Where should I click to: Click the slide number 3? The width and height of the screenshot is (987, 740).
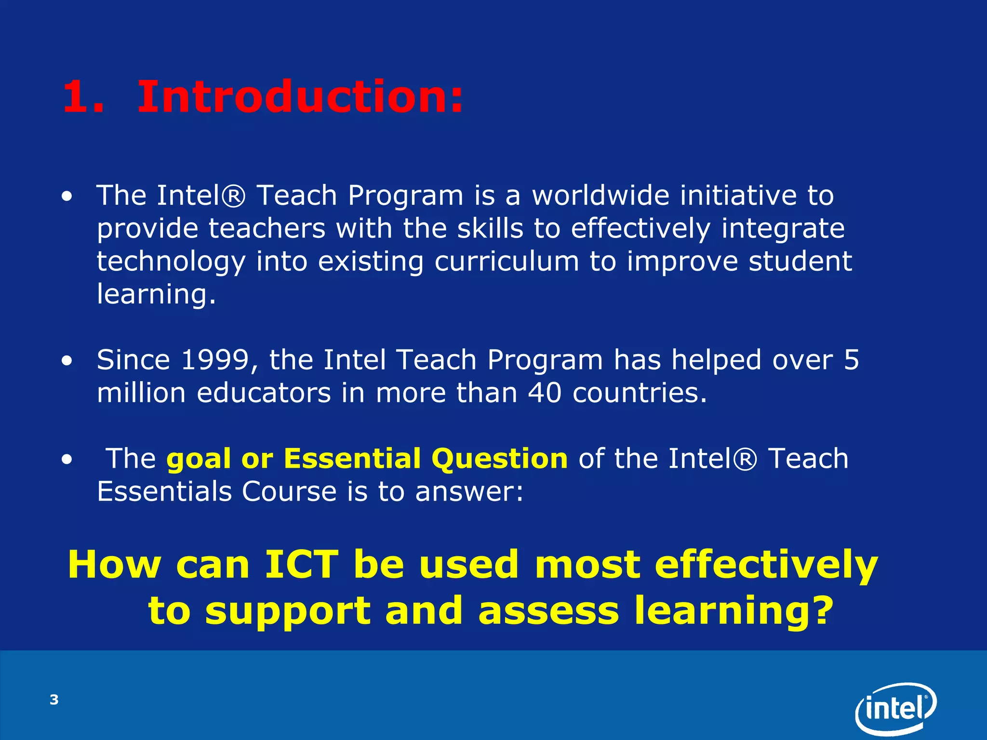[54, 700]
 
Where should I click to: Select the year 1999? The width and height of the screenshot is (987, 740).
[215, 360]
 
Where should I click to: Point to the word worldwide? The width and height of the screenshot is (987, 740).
[600, 196]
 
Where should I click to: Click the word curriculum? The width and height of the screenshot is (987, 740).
[507, 262]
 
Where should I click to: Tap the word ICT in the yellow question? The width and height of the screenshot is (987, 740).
[302, 565]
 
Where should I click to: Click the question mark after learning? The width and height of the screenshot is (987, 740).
[819, 609]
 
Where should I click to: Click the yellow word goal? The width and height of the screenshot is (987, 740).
[199, 459]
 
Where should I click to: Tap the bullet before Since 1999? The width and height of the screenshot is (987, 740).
[67, 361]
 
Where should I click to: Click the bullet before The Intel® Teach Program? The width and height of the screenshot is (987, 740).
[67, 197]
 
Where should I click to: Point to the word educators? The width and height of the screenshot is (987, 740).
[264, 393]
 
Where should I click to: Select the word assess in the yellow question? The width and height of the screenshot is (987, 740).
[548, 610]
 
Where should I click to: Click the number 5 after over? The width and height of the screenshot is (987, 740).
[852, 360]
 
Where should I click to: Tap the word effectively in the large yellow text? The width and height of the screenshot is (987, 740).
[766, 565]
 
